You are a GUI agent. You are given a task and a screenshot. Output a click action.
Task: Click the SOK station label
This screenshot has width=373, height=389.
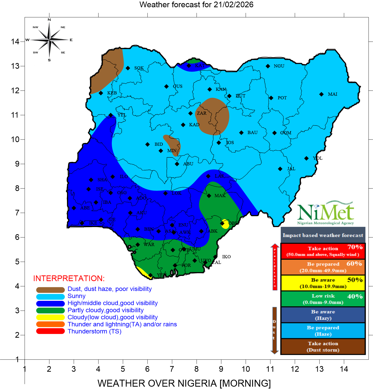tap(139, 68)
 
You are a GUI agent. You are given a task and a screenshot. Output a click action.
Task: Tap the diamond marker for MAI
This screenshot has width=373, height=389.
tap(321, 94)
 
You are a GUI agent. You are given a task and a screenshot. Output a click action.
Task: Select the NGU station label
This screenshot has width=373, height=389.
tap(279, 66)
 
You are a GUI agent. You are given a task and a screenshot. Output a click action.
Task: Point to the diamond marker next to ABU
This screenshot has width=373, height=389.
tap(177, 164)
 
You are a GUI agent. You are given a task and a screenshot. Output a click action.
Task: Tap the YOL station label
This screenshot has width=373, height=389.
tap(317, 158)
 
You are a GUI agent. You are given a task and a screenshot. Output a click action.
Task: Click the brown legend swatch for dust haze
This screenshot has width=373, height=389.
tap(50, 290)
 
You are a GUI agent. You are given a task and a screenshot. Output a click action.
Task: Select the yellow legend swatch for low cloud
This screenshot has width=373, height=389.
tap(50, 317)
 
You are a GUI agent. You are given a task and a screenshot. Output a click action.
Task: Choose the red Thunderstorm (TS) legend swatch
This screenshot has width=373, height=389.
tap(50, 331)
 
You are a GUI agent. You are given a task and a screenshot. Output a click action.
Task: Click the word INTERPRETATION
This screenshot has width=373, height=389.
tap(69, 278)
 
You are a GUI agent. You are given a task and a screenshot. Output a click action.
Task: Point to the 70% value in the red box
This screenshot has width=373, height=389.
tap(355, 247)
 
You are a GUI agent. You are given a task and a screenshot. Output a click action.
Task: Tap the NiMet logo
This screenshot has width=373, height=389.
tap(326, 213)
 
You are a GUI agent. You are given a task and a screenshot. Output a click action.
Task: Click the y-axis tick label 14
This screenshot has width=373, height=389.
tap(15, 41)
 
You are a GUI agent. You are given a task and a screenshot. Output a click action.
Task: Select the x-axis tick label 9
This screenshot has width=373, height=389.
tap(221, 369)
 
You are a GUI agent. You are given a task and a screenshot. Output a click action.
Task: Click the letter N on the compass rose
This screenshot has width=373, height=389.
tap(49, 20)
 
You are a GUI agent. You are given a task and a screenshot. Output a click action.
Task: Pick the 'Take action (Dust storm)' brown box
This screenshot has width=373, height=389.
tap(323, 346)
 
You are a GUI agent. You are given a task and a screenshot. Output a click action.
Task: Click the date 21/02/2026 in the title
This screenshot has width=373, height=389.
tap(233, 4)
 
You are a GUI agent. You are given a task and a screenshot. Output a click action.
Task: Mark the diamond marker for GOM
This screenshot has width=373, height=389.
tap(274, 133)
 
